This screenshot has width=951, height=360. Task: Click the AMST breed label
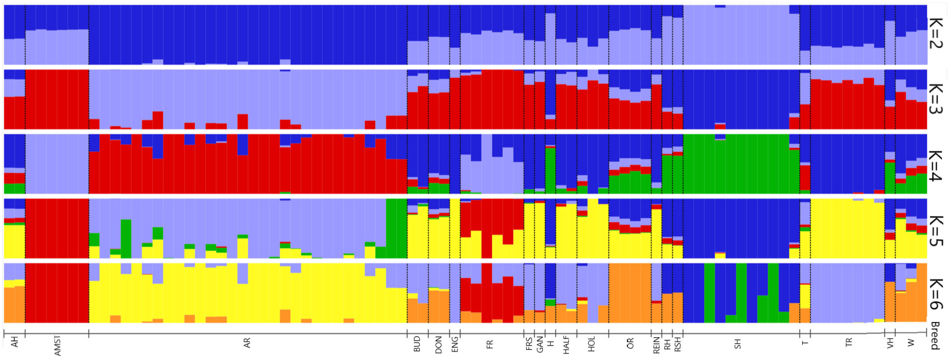[57, 346]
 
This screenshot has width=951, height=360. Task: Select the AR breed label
[247, 343]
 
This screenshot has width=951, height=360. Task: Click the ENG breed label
[454, 344]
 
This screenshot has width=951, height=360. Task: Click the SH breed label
[737, 344]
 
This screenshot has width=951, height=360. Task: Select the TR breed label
[849, 342]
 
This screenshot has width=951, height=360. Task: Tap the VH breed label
[890, 343]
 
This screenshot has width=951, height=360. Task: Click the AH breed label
[14, 342]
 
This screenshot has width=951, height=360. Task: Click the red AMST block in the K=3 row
[57, 99]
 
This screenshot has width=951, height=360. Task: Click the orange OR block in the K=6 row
[630, 292]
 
